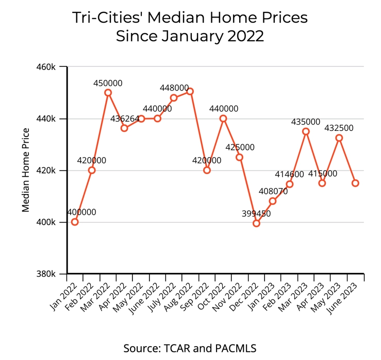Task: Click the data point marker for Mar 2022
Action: (x=108, y=93)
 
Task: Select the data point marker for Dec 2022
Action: (x=256, y=223)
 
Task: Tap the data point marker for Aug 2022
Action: (x=190, y=91)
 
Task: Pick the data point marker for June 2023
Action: (x=355, y=183)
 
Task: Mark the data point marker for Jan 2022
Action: (x=75, y=222)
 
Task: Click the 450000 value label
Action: (x=108, y=83)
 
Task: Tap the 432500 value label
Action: (x=339, y=128)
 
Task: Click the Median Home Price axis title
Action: (x=26, y=170)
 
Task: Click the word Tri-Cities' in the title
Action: (x=106, y=18)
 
